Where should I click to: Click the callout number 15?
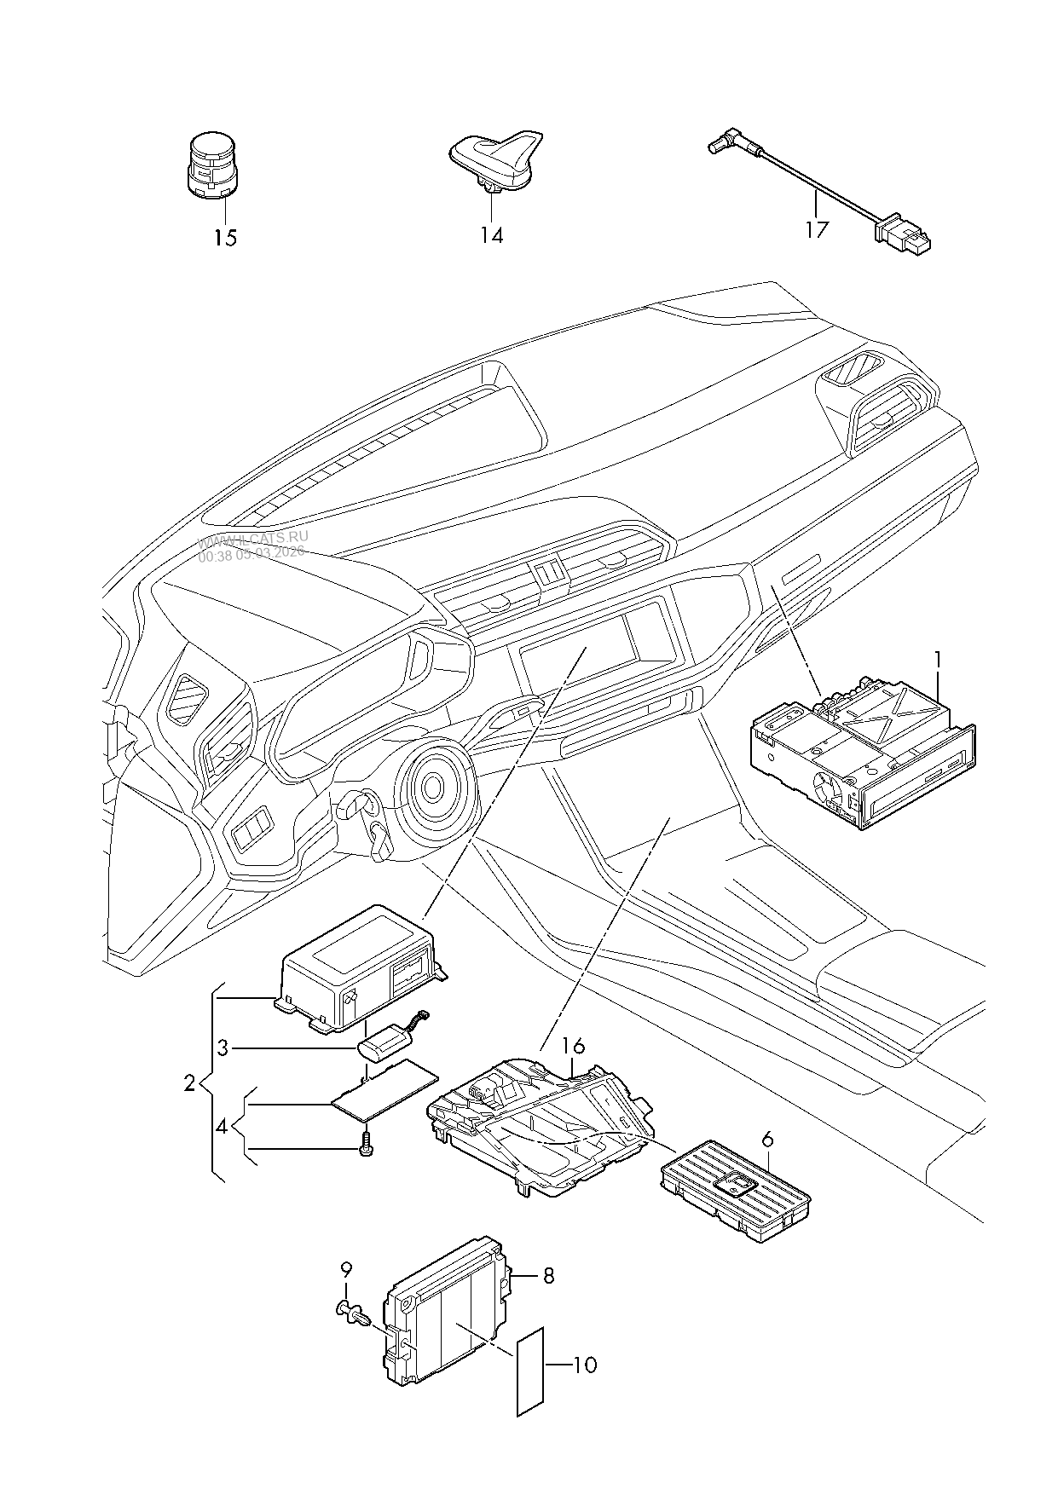(x=225, y=237)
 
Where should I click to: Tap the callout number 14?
(x=491, y=235)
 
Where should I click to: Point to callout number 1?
(x=938, y=659)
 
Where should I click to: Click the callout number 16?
(x=573, y=1046)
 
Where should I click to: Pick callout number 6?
(x=767, y=1139)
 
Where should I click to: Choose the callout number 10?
(x=585, y=1365)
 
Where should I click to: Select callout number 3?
(x=223, y=1048)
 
